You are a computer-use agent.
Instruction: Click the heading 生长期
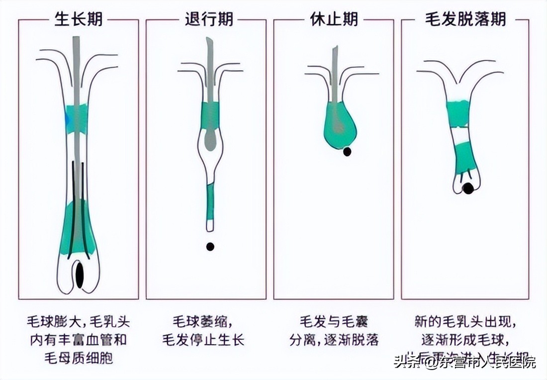click(x=78, y=19)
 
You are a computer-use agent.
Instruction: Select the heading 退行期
click(x=209, y=19)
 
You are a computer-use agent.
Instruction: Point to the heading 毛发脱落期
click(x=465, y=19)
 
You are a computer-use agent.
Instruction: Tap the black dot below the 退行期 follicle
click(x=210, y=246)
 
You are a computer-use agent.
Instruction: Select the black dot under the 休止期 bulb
click(x=347, y=151)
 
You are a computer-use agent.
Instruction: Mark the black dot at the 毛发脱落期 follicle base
click(x=468, y=188)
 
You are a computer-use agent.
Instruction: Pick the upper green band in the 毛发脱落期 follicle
click(x=458, y=112)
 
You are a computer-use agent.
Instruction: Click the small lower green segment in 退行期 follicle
click(x=210, y=202)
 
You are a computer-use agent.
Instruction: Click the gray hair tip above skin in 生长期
click(x=76, y=47)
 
